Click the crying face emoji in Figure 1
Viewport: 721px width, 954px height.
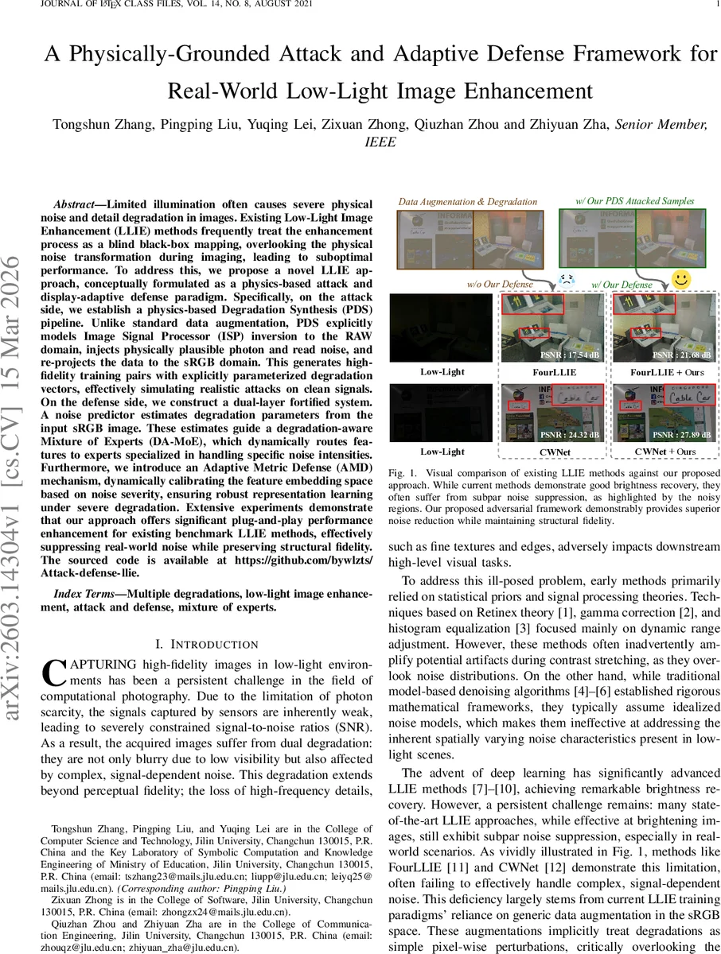(567, 281)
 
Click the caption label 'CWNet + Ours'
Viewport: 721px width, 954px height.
(664, 451)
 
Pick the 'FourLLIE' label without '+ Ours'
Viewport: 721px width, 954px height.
(554, 370)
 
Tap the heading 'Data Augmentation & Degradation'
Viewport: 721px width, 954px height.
(468, 202)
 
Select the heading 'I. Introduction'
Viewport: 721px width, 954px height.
(206, 644)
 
